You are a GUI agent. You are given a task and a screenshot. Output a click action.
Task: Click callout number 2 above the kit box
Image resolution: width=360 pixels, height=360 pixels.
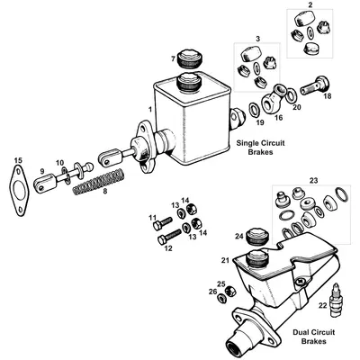click(x=310, y=6)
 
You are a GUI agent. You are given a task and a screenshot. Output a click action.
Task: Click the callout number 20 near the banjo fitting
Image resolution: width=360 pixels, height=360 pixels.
click(x=298, y=105)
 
